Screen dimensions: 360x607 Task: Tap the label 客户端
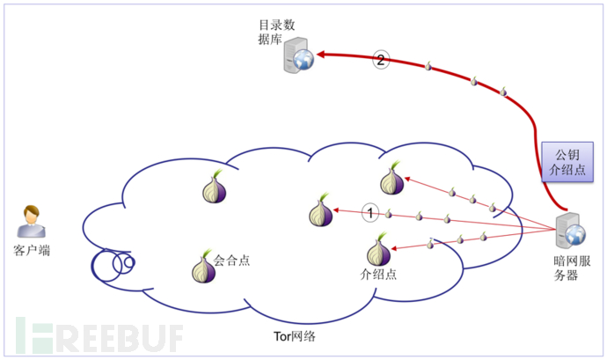point(33,251)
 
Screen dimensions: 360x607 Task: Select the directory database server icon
point(298,56)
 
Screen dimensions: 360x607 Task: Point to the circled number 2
point(380,61)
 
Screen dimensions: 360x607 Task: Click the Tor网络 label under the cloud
point(295,336)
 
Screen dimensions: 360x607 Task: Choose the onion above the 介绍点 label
point(378,249)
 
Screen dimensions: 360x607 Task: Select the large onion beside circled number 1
point(321,211)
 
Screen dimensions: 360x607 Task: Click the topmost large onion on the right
point(391,179)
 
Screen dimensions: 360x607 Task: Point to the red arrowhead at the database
point(323,55)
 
